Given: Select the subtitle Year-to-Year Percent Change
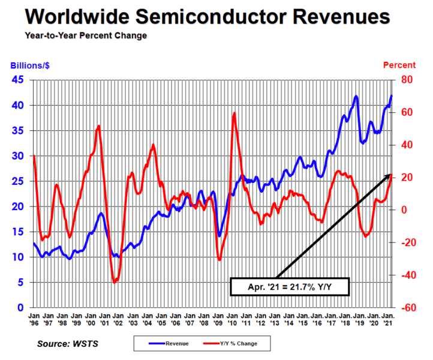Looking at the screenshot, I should point(86,35).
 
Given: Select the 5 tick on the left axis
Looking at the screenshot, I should point(22,282).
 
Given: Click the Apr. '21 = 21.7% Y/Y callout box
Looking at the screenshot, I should point(290,287).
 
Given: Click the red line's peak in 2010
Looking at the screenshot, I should point(234,113).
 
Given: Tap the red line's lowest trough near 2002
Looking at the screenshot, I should point(115,281).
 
